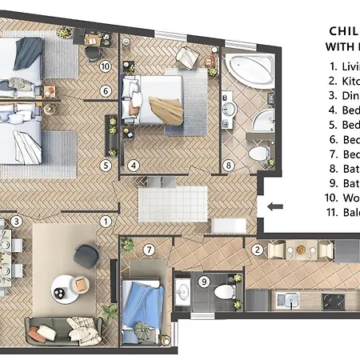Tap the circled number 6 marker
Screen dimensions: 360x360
(105, 91)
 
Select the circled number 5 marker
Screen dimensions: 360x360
(105, 166)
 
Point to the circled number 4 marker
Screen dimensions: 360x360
(134, 166)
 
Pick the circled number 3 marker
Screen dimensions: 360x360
(15, 221)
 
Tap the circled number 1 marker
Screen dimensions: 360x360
(105, 221)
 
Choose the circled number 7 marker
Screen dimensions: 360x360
(149, 250)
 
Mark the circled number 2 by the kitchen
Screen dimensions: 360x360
(257, 250)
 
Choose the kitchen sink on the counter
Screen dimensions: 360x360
(287, 302)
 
